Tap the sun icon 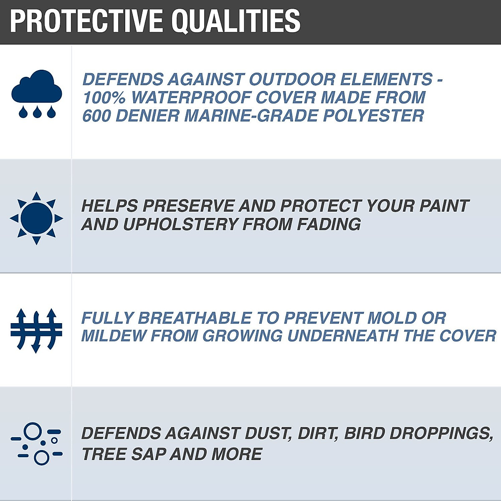[36, 218]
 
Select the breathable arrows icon [36, 330]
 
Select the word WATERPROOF [190, 98]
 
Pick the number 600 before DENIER [96, 116]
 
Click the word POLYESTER [374, 116]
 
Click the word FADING [329, 224]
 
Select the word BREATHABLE [195, 318]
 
